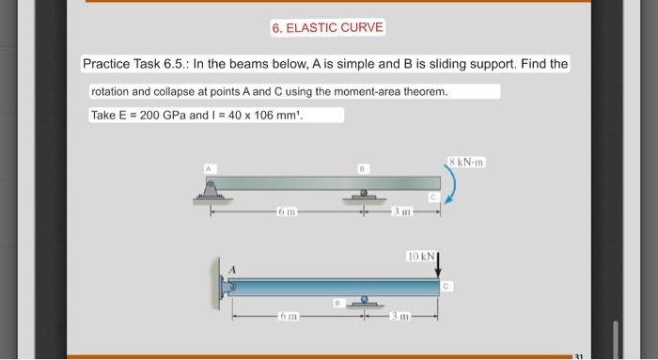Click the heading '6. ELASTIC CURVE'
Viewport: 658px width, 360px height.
click(x=326, y=27)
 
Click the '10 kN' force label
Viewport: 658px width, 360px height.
click(x=419, y=255)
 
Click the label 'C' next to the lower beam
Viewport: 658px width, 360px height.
click(x=447, y=285)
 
